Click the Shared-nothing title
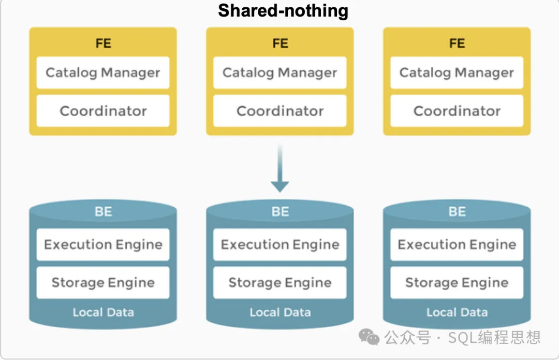point(283,11)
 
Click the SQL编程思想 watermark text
point(494,338)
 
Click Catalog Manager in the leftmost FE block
point(103,73)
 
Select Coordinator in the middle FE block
point(280,111)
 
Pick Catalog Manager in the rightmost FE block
point(457,73)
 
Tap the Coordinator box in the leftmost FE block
point(103,111)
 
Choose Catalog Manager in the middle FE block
point(280,73)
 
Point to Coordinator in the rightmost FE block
point(457,111)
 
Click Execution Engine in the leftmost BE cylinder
point(103,244)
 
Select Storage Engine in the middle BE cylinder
point(280,283)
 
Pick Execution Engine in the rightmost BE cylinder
point(457,244)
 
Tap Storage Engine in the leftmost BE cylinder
point(103,283)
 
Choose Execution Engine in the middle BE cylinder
point(280,244)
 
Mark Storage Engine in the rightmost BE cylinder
point(457,283)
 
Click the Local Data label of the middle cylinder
point(280,312)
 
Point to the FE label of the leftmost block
point(103,43)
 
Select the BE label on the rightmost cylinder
point(457,212)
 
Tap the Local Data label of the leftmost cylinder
point(103,312)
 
